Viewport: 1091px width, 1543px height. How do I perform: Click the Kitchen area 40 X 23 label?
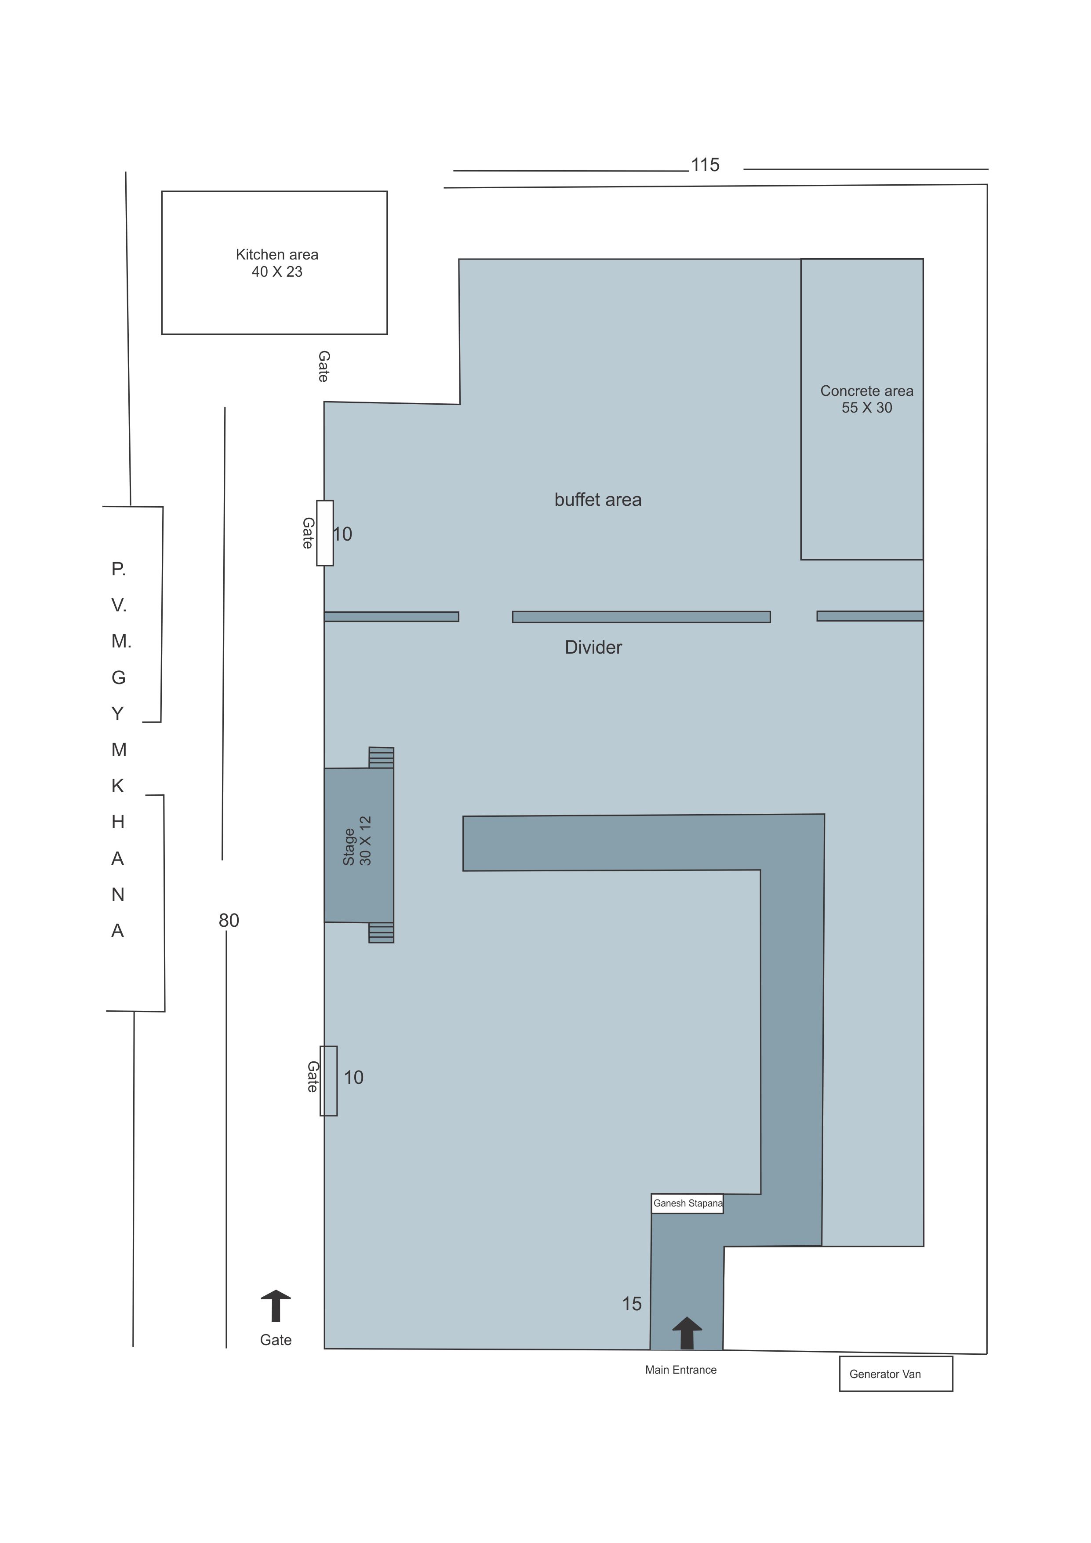tap(277, 263)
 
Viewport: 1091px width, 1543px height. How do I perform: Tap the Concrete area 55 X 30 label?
tap(867, 399)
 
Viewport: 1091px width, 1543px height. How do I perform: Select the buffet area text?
tap(598, 500)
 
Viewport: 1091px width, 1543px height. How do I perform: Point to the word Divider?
tap(593, 647)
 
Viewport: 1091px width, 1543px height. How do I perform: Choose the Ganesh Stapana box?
tap(687, 1203)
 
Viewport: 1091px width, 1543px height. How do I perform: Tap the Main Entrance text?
tap(680, 1370)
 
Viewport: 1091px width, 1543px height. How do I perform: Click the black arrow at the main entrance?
tap(687, 1333)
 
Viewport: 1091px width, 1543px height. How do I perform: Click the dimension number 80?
tap(229, 921)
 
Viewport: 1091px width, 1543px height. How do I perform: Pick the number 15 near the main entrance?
tap(632, 1304)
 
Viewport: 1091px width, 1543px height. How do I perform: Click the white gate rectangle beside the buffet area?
tap(325, 533)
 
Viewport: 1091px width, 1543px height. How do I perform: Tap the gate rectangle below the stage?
tap(328, 1081)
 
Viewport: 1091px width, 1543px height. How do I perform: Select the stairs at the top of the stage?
tap(381, 757)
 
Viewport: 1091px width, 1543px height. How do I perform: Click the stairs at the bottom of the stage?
tap(381, 933)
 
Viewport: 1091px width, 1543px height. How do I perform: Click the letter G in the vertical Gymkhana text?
tap(118, 677)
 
